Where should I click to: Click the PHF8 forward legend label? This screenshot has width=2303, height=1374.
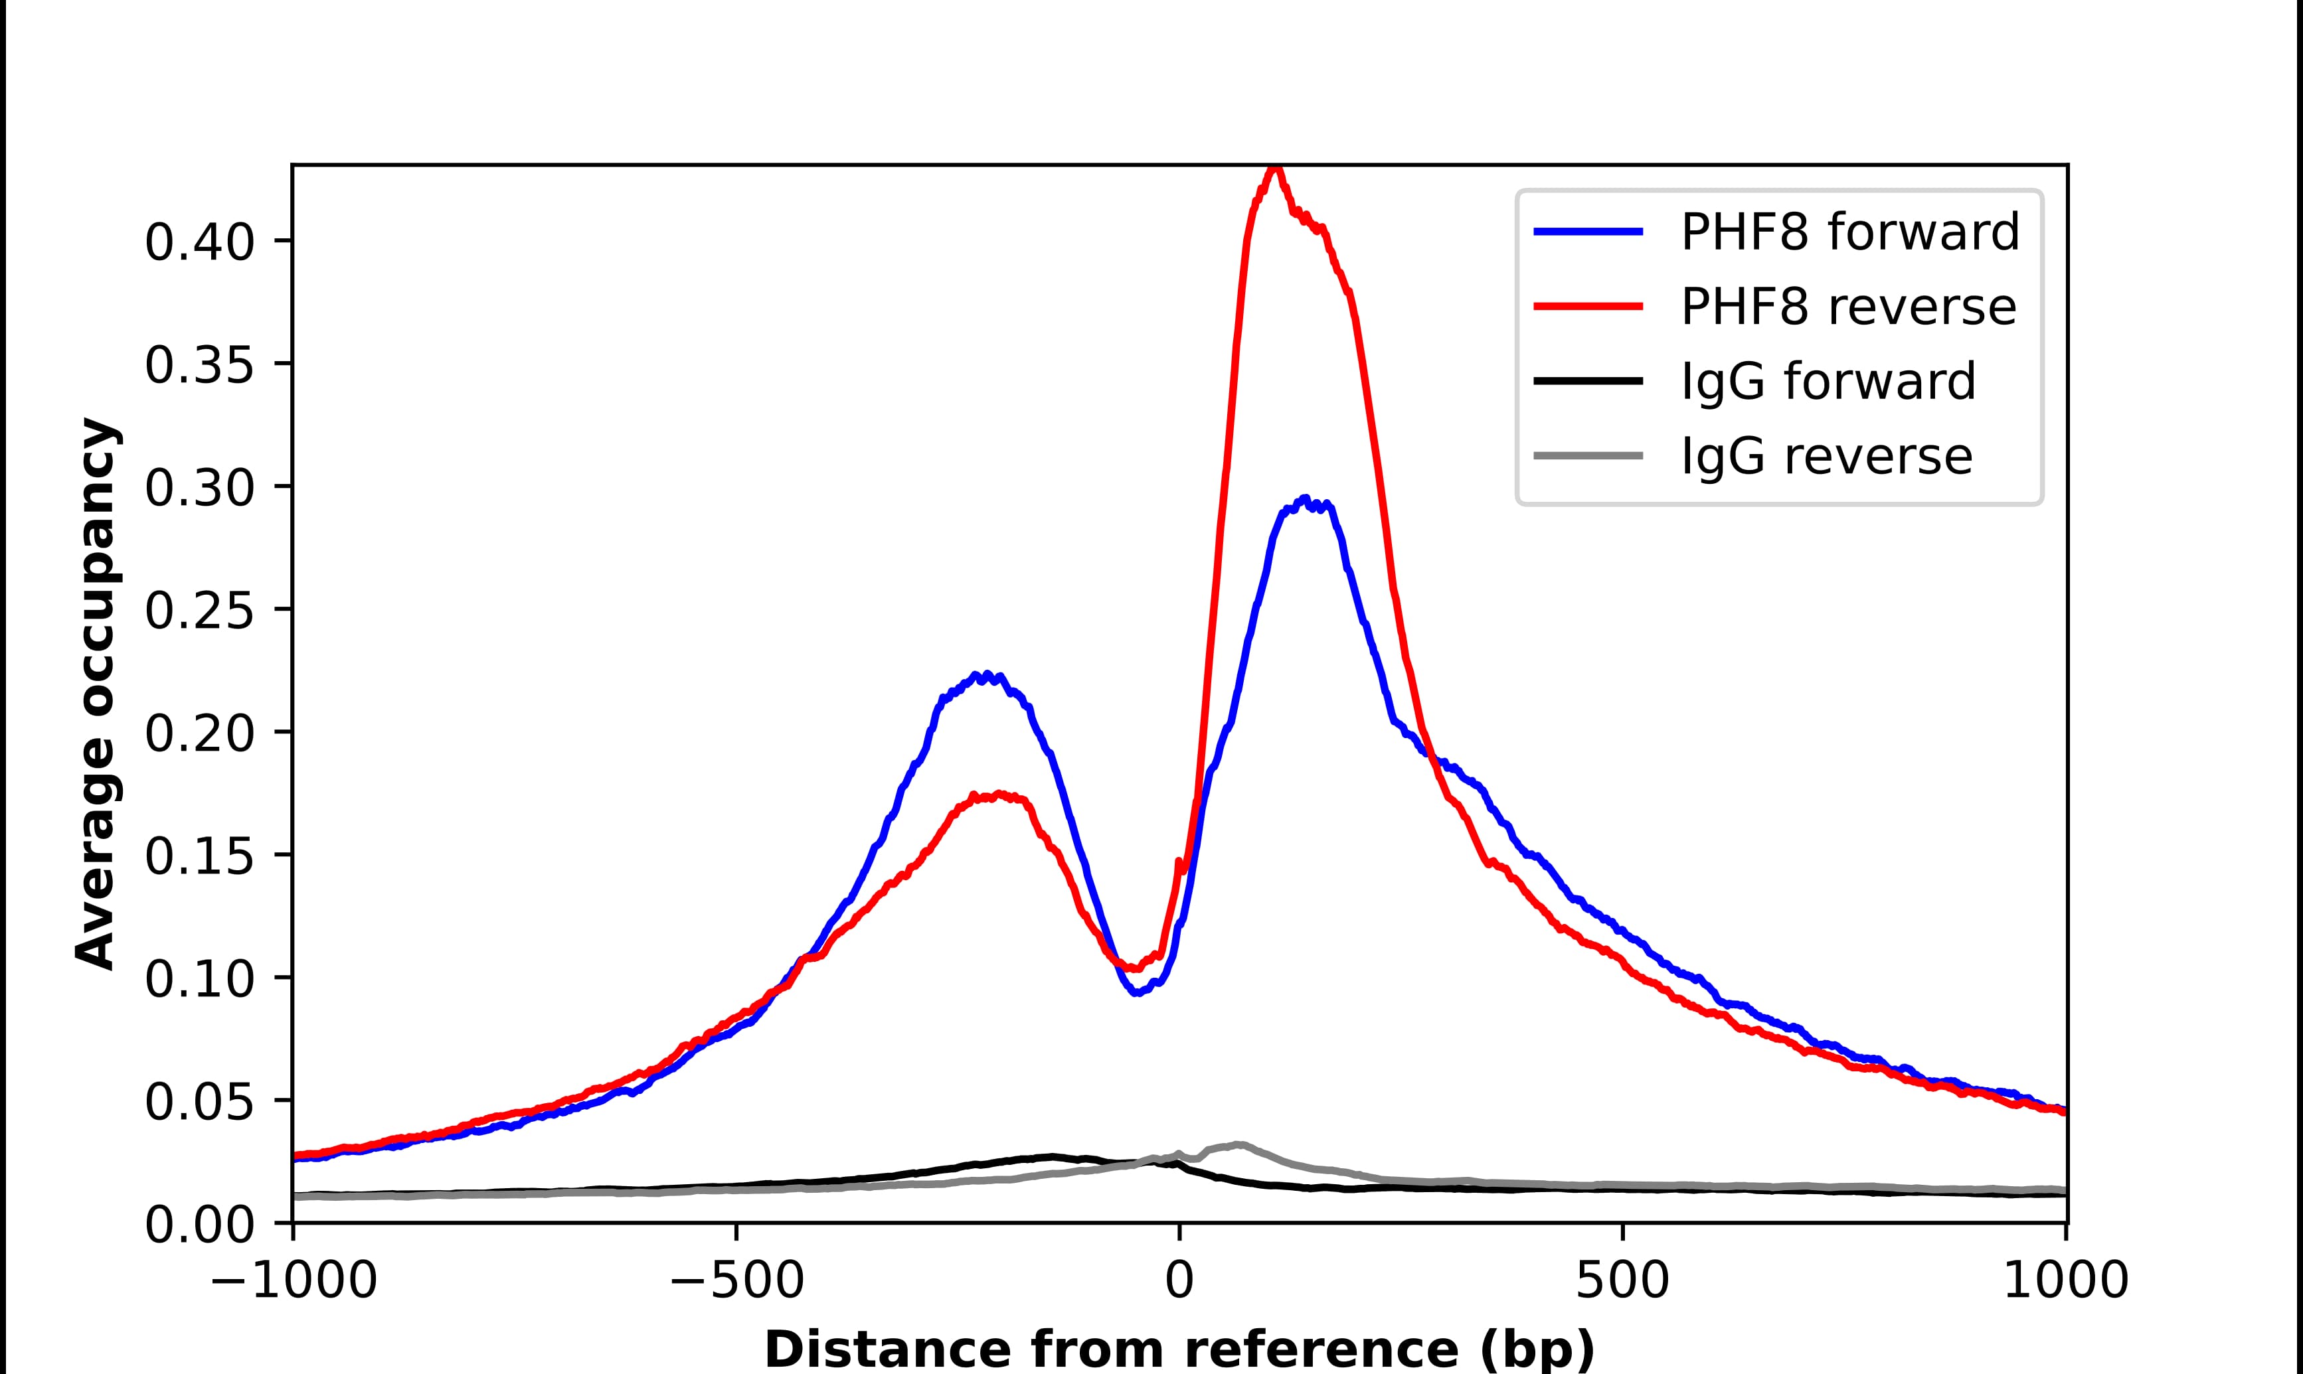(x=1849, y=232)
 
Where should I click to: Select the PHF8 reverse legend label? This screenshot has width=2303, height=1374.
(x=1847, y=307)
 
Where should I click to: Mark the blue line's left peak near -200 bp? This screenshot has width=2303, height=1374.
(x=986, y=676)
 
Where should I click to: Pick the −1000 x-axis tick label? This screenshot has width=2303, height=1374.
(x=294, y=1282)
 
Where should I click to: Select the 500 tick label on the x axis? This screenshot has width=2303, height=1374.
(x=1622, y=1282)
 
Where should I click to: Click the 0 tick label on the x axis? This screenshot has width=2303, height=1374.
(x=1179, y=1282)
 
